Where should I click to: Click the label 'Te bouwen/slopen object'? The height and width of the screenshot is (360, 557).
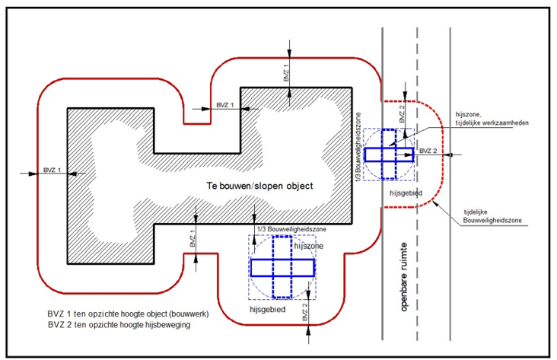pos(259,186)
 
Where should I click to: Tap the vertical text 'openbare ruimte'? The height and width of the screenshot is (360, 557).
pos(403,277)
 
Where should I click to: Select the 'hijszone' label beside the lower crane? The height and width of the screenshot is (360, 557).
pos(309,246)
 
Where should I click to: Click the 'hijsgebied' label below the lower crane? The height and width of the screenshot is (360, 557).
pos(268,310)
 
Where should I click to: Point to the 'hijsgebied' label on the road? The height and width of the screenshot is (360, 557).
pos(406,193)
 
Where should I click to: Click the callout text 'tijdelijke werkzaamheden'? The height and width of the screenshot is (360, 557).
pos(492,123)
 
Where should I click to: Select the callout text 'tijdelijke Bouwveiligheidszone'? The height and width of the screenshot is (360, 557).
pos(492,216)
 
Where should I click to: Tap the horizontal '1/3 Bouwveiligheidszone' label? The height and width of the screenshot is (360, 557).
pos(291,229)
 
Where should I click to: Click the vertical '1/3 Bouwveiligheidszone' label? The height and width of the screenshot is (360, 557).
pos(358,148)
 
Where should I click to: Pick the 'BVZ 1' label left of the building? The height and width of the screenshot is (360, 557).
pos(53,170)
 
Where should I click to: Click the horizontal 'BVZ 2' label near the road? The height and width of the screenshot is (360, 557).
pos(428,151)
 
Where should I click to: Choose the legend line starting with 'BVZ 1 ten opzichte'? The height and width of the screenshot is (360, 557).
pos(129,314)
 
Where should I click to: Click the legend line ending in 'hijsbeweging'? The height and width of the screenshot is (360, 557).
pos(119,325)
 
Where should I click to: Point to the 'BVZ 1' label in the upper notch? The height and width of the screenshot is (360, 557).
pos(225,105)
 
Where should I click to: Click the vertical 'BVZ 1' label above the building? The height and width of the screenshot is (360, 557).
pos(286,73)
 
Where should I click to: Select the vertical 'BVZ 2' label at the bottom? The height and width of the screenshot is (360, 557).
pos(305,313)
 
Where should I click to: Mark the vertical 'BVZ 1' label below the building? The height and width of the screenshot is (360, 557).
pos(193,238)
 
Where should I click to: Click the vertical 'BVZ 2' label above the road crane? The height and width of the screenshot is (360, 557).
pos(402,114)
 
